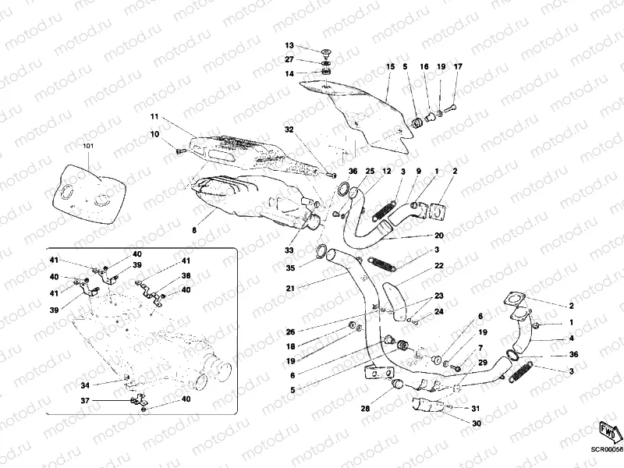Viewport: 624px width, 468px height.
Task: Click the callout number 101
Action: click(87, 146)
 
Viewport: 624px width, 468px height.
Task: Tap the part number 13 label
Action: click(289, 46)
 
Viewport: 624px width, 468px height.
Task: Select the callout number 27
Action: click(289, 59)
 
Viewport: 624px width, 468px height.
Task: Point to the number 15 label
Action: click(390, 68)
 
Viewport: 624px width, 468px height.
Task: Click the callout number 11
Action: click(154, 117)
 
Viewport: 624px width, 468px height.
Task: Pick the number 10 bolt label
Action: click(154, 134)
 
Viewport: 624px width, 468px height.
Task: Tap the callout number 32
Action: click(289, 129)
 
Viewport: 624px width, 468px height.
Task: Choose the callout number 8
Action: click(194, 231)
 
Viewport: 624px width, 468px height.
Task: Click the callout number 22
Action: click(439, 267)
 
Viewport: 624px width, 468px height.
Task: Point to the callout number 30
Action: click(477, 424)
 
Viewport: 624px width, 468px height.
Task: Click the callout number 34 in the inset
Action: click(85, 385)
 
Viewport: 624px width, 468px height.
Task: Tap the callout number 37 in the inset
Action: click(85, 401)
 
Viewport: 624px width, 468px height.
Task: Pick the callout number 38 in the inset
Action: click(186, 275)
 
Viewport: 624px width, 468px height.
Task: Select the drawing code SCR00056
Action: click(606, 449)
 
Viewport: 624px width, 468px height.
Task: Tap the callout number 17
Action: click(458, 67)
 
